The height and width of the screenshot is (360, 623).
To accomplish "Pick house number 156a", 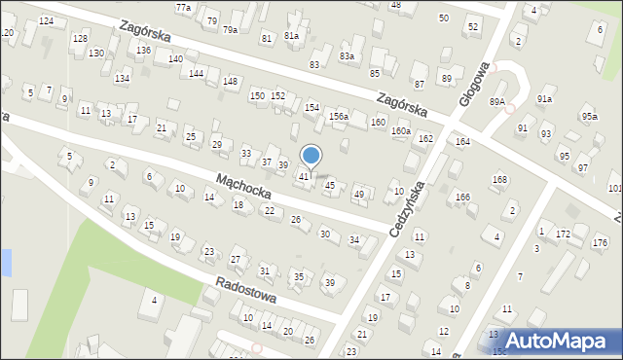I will pyautogui.click(x=338, y=116).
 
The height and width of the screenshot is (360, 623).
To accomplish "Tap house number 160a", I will pyautogui.click(x=401, y=130).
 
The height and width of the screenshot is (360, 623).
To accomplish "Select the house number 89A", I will pyautogui.click(x=497, y=101).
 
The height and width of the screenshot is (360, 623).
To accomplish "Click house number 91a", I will pyautogui.click(x=545, y=99).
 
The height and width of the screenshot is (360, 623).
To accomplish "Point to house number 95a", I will pyautogui.click(x=590, y=117).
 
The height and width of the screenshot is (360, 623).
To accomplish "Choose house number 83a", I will pyautogui.click(x=347, y=56).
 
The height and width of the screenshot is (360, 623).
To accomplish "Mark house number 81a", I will pyautogui.click(x=292, y=35).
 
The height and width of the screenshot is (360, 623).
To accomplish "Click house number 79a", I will pyautogui.click(x=230, y=29).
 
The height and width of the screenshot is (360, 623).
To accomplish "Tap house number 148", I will pyautogui.click(x=230, y=81).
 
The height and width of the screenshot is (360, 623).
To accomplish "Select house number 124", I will pyautogui.click(x=46, y=20).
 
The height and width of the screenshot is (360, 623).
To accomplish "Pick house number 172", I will pyautogui.click(x=563, y=234).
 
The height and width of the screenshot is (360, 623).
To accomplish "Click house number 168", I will pyautogui.click(x=500, y=179).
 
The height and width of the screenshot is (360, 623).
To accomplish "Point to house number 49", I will pyautogui.click(x=359, y=195).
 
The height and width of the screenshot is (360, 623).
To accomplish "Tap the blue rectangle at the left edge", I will pyautogui.click(x=5, y=262).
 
